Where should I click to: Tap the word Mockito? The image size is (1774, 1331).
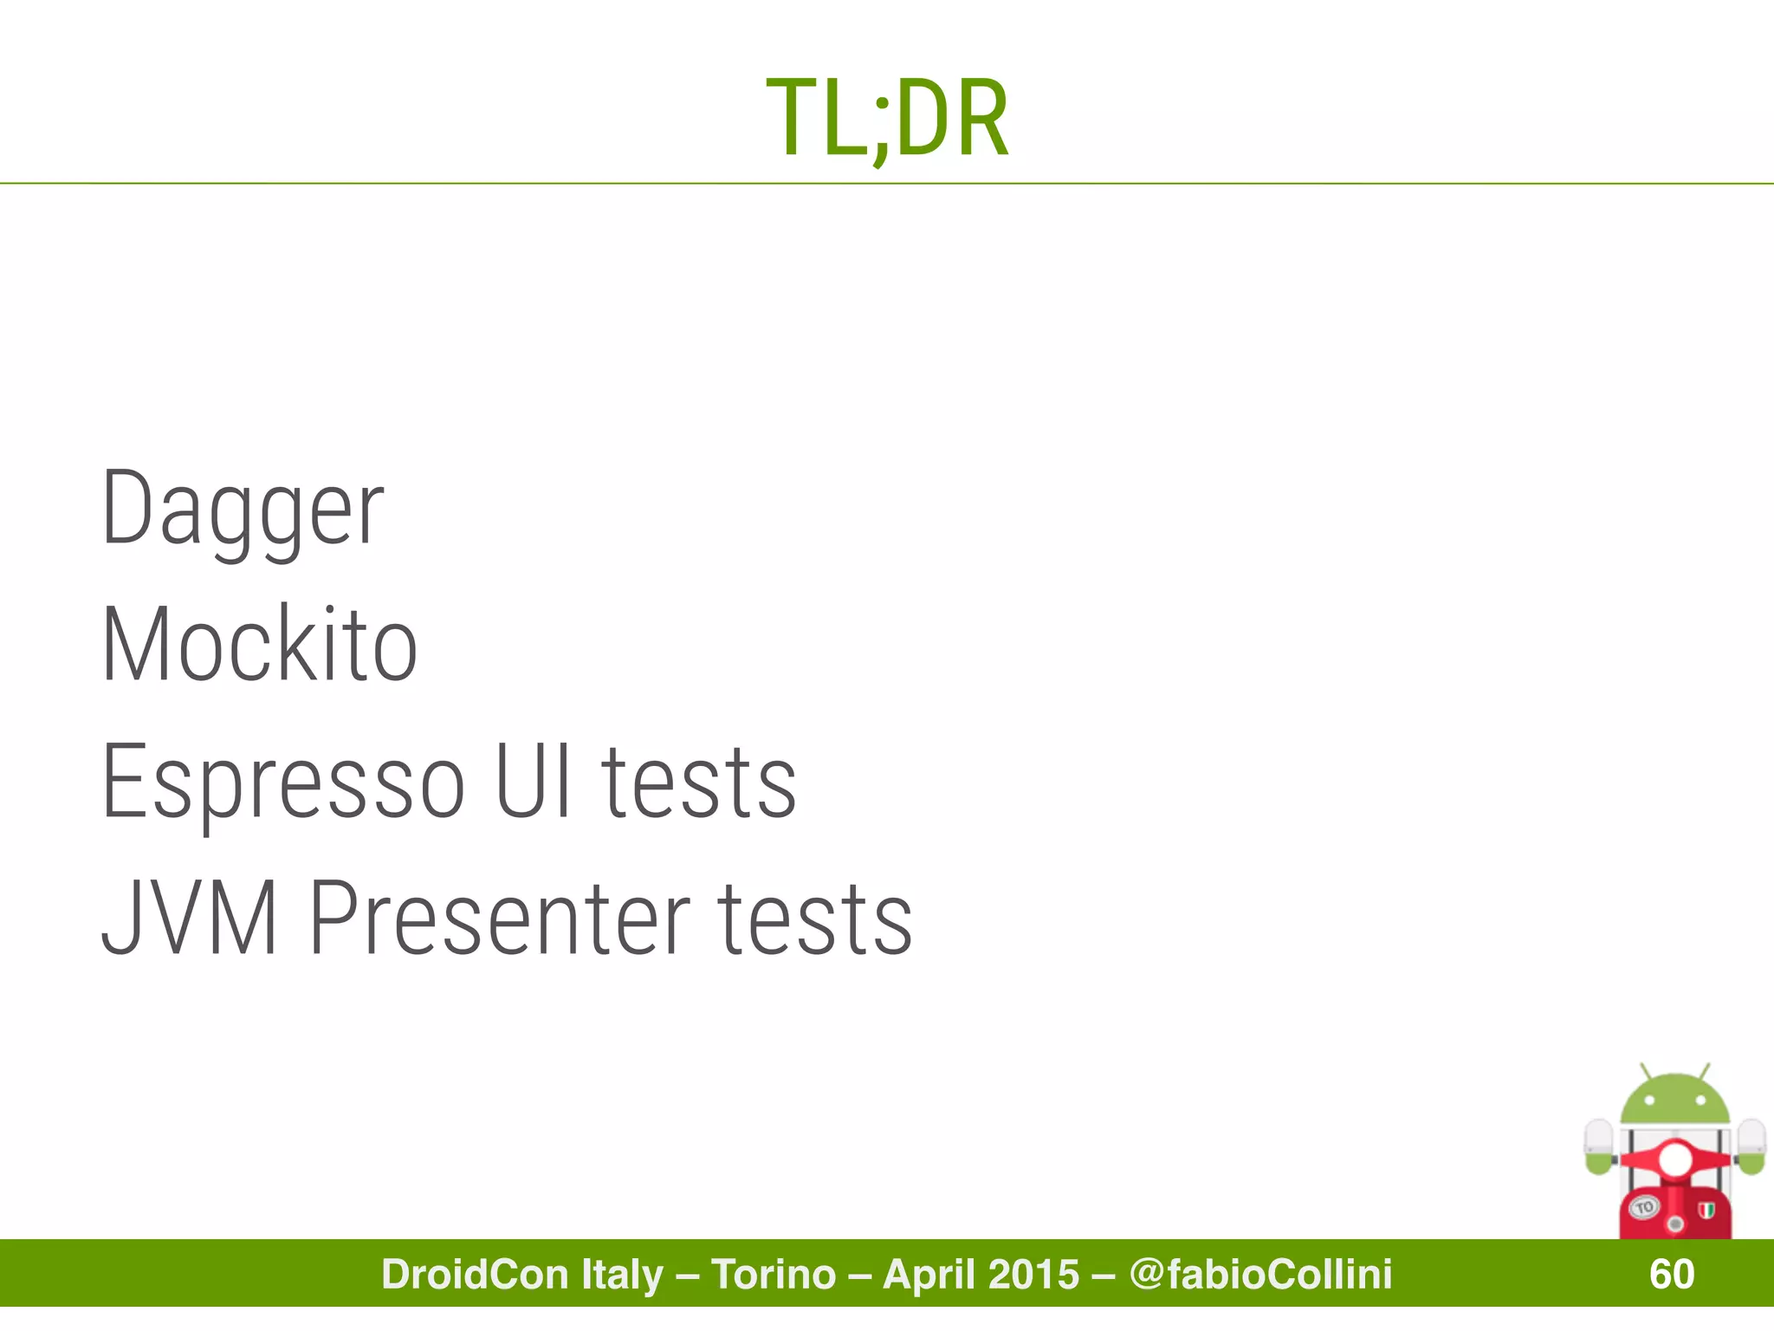click(x=260, y=645)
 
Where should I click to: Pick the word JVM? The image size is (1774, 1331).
click(x=190, y=919)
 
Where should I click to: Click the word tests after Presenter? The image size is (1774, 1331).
click(x=816, y=919)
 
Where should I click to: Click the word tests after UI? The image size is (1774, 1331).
click(x=698, y=782)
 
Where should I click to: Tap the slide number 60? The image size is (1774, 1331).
click(x=1671, y=1274)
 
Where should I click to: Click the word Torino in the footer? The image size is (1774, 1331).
click(x=774, y=1274)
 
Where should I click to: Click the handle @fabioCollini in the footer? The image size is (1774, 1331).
click(x=1261, y=1274)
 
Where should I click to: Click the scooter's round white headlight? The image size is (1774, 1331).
click(x=1674, y=1159)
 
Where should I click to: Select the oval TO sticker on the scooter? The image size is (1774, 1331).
click(x=1644, y=1206)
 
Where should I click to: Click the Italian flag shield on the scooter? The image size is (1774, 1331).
click(x=1706, y=1208)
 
